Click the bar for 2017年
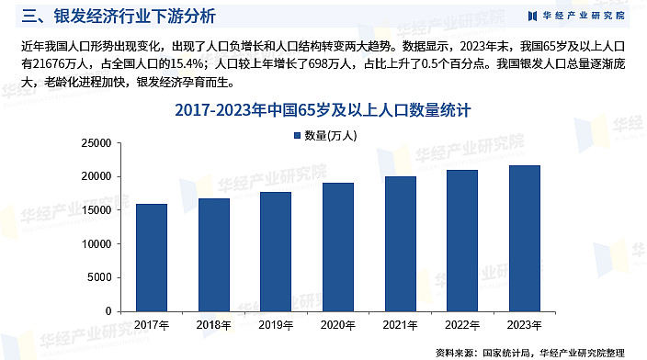(x=152, y=257)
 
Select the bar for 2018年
(x=214, y=254)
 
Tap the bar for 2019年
(x=276, y=251)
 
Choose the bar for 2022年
(x=462, y=240)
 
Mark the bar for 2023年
(x=525, y=238)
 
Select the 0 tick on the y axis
(x=108, y=311)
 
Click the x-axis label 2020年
(x=337, y=325)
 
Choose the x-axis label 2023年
(x=525, y=325)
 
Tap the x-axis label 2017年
(x=152, y=325)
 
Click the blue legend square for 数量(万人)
(x=296, y=136)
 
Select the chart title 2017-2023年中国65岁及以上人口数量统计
(x=323, y=111)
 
